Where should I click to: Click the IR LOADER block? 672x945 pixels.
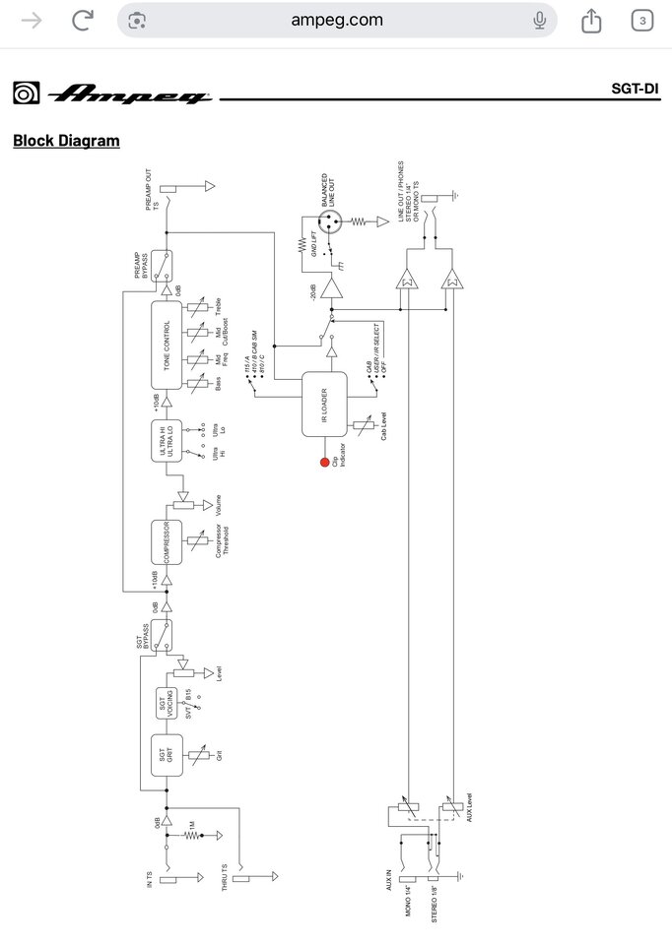[324, 404]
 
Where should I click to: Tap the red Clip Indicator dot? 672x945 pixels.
[324, 461]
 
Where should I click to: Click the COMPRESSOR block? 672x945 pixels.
[167, 544]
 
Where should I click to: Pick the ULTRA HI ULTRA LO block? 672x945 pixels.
[167, 440]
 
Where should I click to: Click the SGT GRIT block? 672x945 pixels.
[166, 756]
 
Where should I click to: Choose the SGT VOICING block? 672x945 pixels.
[166, 705]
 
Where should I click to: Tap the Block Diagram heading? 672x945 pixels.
[66, 141]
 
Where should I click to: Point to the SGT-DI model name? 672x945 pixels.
[635, 90]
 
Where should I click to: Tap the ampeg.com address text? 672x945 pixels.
[337, 20]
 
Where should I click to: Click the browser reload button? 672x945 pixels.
[83, 20]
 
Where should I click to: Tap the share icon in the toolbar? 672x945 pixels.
[591, 20]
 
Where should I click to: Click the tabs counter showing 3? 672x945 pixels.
[641, 20]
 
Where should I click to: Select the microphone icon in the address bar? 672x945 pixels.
[539, 20]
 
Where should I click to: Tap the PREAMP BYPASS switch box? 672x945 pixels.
[167, 266]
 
